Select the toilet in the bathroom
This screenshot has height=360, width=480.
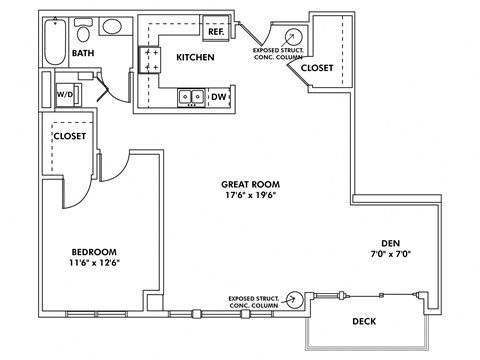click(85, 27)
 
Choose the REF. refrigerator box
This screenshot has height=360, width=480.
click(215, 32)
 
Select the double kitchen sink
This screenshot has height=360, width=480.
click(189, 97)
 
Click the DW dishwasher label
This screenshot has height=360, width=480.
click(218, 97)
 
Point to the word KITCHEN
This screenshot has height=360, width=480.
click(196, 58)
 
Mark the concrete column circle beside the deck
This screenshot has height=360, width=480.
click(294, 299)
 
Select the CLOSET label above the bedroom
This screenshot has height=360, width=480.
click(70, 135)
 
